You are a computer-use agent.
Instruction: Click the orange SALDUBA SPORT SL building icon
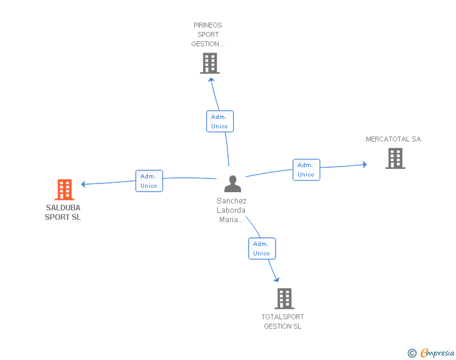pos(65,190)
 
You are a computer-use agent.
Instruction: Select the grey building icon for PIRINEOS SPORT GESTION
pos(210,63)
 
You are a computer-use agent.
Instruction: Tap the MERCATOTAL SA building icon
pos(395,158)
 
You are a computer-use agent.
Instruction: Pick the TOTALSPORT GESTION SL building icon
pos(284,299)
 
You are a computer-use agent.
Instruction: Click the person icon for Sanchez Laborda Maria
pos(232,184)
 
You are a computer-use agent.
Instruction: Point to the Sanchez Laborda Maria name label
pos(232,210)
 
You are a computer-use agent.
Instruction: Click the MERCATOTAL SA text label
pos(393,139)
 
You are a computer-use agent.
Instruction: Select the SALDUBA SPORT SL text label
pos(63,212)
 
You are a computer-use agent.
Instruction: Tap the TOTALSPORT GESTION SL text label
pos(282,322)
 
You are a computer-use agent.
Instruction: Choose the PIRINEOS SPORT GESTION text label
pos(208,34)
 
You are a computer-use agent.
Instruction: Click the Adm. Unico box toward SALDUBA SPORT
pos(149,181)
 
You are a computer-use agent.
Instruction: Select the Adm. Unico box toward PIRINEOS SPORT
pos(220,121)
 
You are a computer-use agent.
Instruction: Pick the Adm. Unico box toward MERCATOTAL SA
pos(306,170)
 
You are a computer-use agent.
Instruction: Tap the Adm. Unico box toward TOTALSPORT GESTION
pos(262,249)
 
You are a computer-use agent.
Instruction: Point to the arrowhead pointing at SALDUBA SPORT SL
pos(83,184)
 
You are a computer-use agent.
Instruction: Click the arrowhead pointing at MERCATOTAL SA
pos(365,165)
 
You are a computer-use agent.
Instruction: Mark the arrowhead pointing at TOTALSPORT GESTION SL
pos(277,279)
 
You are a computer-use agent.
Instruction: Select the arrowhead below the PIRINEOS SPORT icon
pos(212,80)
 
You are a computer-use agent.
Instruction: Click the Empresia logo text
pos(437,352)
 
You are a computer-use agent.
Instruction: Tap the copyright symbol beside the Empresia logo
pos(412,353)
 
